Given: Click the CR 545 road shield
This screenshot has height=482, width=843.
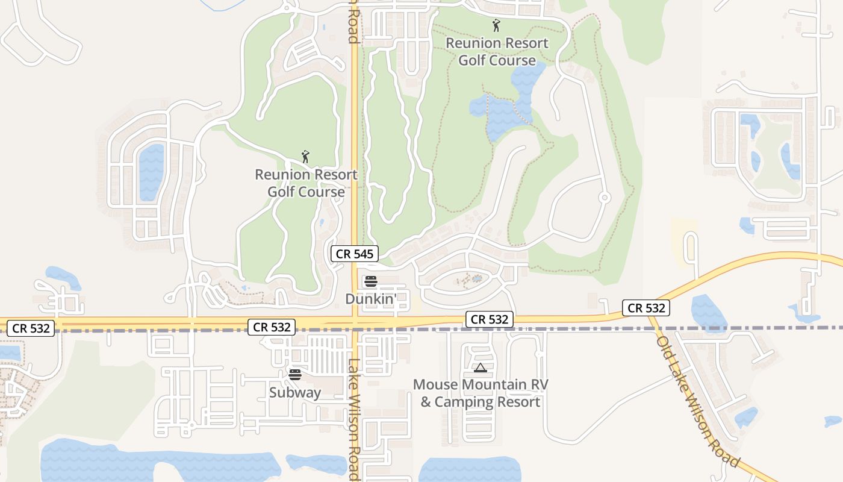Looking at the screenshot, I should coord(355,254).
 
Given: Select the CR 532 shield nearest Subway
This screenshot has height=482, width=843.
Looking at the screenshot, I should coord(272,327).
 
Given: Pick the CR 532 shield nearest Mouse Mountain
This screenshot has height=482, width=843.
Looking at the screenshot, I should coord(490,319).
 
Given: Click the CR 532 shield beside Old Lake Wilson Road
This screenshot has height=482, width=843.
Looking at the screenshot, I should coord(647,308).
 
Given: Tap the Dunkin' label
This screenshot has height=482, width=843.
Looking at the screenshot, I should coord(370,299).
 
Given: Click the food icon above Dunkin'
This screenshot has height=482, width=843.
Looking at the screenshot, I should coord(370,281).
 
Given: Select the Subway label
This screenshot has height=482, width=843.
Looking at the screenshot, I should coord(295,393).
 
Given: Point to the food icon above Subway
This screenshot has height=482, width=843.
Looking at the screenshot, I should coord(294,375).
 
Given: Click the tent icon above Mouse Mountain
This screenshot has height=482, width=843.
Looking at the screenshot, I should coord(480,368).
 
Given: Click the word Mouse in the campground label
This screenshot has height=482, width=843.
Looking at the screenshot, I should coord(436,384).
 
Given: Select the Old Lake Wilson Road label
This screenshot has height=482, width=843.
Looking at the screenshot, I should coord(698,402).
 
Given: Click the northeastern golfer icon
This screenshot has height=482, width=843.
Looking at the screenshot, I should coord(496,26).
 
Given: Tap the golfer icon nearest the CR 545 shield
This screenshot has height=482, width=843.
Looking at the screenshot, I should coord(305,157).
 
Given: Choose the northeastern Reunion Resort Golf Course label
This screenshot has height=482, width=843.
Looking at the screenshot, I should coord(497,52).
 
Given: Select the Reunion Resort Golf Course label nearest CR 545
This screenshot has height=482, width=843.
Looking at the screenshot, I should coord(306,183).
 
